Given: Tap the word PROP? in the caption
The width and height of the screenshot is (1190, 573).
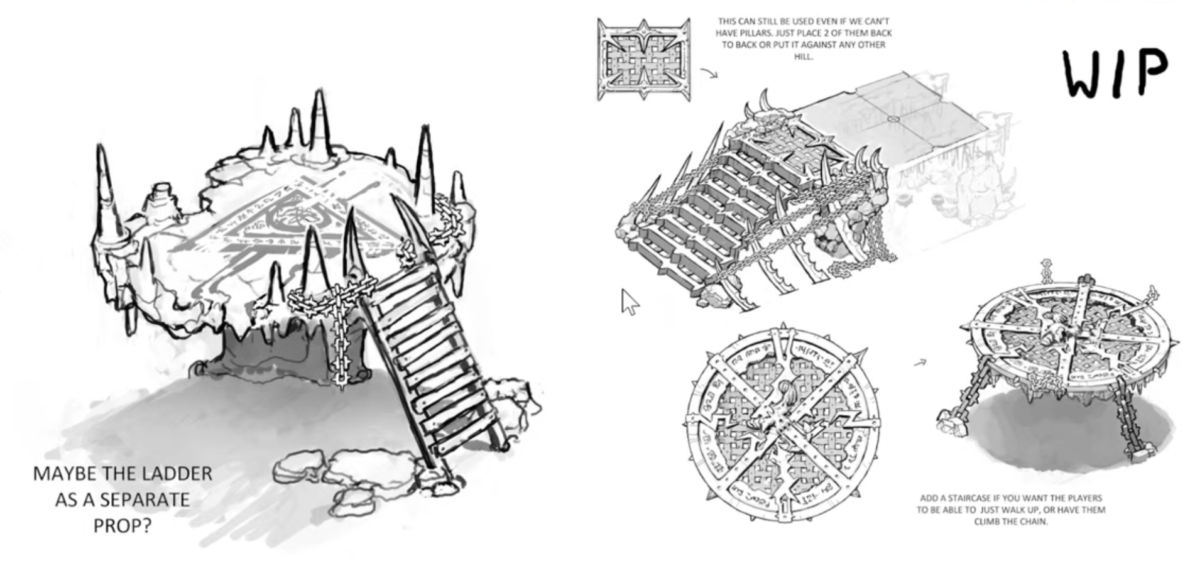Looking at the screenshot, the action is (x=123, y=525).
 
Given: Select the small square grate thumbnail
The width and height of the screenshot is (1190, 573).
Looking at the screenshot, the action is (x=643, y=60).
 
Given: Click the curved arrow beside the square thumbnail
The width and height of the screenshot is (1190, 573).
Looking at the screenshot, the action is (x=709, y=74).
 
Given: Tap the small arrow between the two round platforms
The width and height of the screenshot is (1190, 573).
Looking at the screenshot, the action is (x=920, y=363).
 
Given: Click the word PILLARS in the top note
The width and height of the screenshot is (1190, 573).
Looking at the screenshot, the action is (x=745, y=33).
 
